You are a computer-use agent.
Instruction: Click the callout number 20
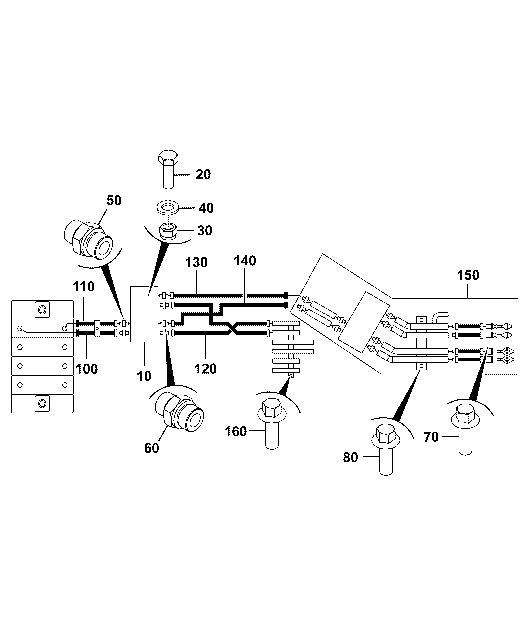tap(203, 175)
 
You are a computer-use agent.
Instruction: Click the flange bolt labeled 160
tap(272, 423)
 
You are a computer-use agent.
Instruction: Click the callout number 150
tap(468, 275)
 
